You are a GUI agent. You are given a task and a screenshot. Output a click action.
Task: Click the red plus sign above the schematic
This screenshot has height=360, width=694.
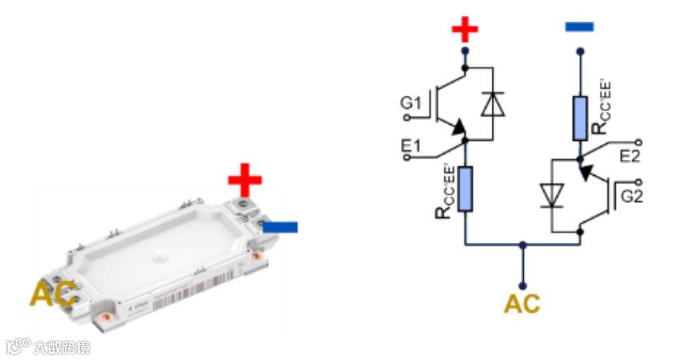pos(465,30)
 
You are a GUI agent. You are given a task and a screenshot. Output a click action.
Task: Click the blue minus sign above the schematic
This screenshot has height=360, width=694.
pos(578,27)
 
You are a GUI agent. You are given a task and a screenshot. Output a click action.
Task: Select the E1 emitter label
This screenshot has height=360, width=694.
pos(410,148)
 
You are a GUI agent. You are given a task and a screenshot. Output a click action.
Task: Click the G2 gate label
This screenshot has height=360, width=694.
pos(631,197)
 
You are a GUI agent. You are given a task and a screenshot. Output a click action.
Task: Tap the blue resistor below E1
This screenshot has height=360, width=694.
pos(465,188)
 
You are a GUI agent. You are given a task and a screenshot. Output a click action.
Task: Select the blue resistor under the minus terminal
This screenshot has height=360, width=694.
pos(579,119)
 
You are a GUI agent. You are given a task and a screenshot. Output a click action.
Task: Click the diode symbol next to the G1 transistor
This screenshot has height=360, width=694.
pos(493,105)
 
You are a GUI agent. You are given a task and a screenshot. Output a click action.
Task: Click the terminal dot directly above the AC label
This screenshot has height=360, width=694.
pos(522,285)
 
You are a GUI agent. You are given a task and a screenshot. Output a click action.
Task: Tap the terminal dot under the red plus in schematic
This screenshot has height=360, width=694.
pos(465,51)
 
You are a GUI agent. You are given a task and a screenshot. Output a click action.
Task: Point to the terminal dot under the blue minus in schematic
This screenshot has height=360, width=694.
pos(579,51)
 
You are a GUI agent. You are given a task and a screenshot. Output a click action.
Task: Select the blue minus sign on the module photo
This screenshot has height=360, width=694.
pos(280,227)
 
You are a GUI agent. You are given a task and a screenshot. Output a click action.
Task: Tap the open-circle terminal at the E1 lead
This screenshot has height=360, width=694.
pos(405,158)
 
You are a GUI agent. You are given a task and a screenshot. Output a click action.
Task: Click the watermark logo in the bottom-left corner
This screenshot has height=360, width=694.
pos(19,345)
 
